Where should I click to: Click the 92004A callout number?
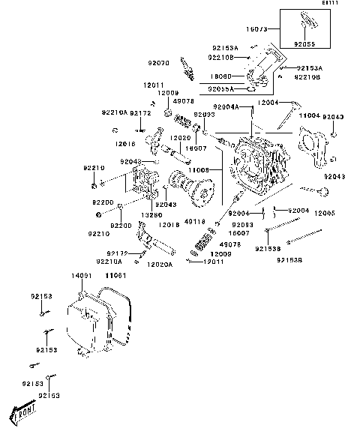point(226,107)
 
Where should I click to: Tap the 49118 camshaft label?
point(194,221)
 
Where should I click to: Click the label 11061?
point(115,277)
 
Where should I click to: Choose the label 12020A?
point(159,265)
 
